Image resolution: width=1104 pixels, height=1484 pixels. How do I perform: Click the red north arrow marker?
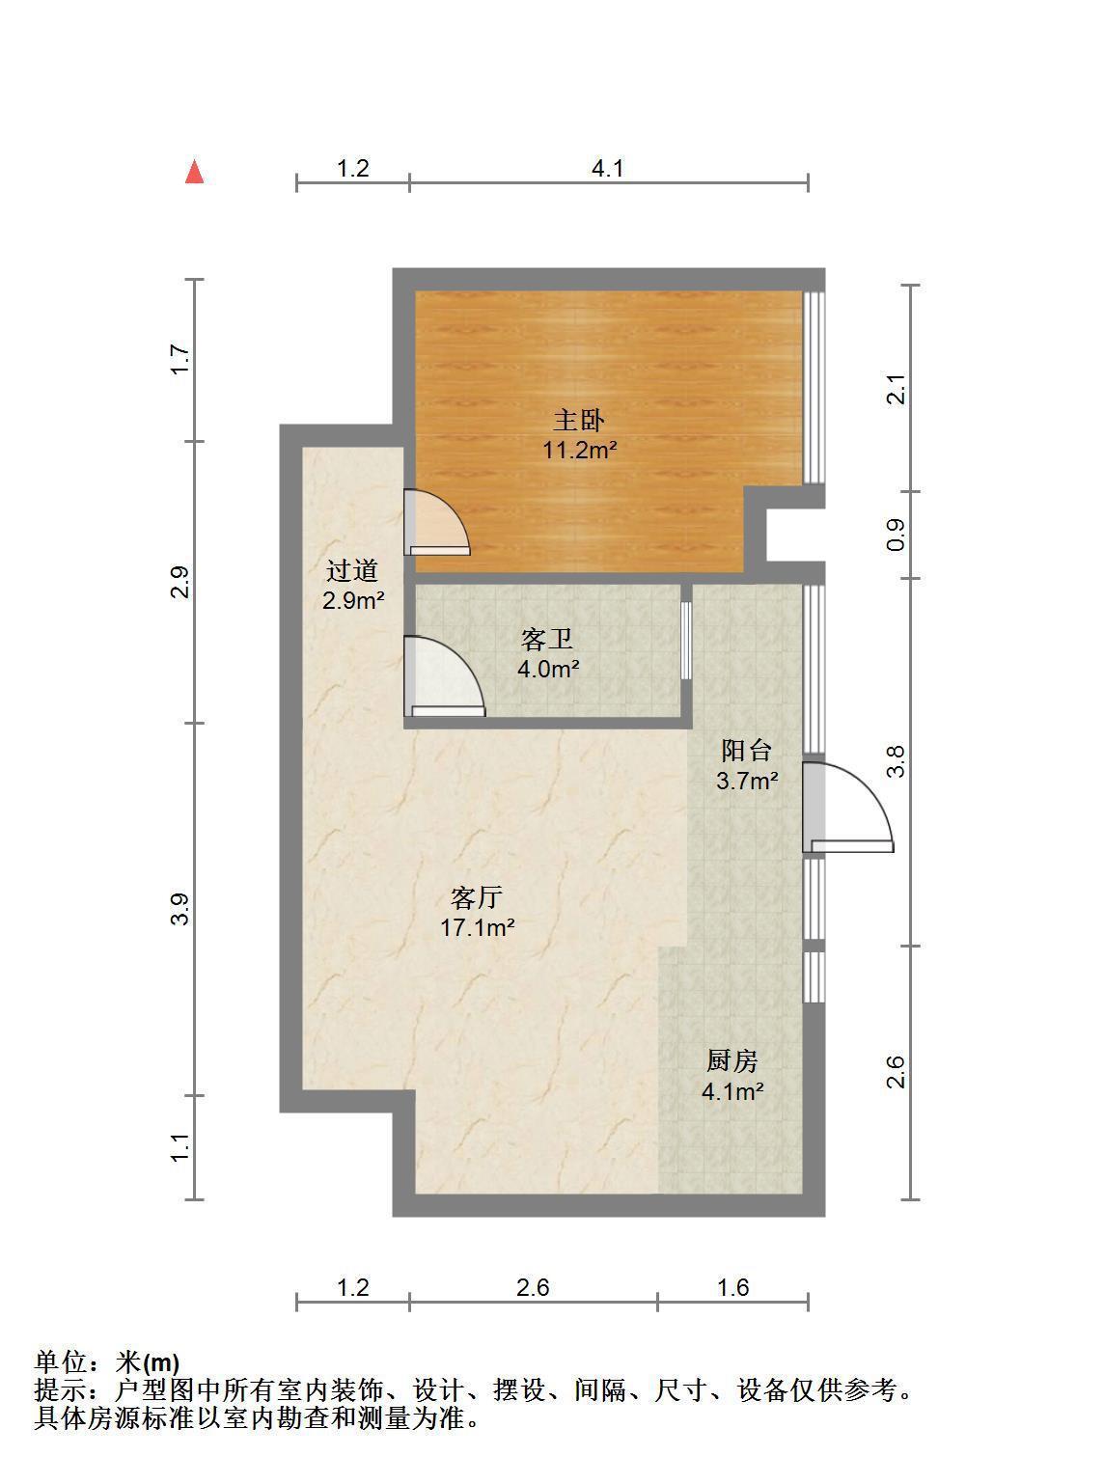pyautogui.click(x=194, y=172)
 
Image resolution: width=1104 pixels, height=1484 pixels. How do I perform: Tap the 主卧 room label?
pyautogui.click(x=578, y=420)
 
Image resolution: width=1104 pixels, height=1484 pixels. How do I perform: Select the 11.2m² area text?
pyautogui.click(x=579, y=450)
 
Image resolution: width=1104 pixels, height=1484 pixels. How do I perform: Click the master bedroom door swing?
pyautogui.click(x=437, y=523)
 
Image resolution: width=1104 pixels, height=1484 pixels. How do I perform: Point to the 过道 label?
pyautogui.click(x=352, y=570)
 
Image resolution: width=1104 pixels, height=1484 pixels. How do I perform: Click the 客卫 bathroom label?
pyautogui.click(x=546, y=640)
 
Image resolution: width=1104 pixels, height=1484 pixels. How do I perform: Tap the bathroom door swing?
pyautogui.click(x=444, y=675)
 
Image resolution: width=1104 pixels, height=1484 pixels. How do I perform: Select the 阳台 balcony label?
pyautogui.click(x=747, y=751)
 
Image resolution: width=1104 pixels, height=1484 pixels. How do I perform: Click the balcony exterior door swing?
pyautogui.click(x=847, y=808)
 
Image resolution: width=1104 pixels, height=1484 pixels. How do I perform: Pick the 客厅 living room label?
pyautogui.click(x=477, y=898)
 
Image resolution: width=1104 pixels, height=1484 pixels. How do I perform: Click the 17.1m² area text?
pyautogui.click(x=477, y=927)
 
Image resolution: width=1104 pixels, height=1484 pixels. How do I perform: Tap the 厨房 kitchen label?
pyautogui.click(x=732, y=1060)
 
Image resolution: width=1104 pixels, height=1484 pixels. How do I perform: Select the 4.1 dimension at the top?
pyautogui.click(x=608, y=168)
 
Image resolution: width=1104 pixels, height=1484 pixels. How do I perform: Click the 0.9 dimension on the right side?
pyautogui.click(x=896, y=535)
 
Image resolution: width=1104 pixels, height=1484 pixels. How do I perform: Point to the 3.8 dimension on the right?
pyautogui.click(x=896, y=761)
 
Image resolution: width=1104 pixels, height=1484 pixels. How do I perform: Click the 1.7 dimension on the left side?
pyautogui.click(x=180, y=359)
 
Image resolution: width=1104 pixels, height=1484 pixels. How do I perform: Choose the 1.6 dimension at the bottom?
pyautogui.click(x=732, y=1286)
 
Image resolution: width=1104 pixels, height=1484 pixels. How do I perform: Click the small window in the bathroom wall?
pyautogui.click(x=685, y=641)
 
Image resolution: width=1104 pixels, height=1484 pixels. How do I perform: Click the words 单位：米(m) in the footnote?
pyautogui.click(x=107, y=1361)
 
